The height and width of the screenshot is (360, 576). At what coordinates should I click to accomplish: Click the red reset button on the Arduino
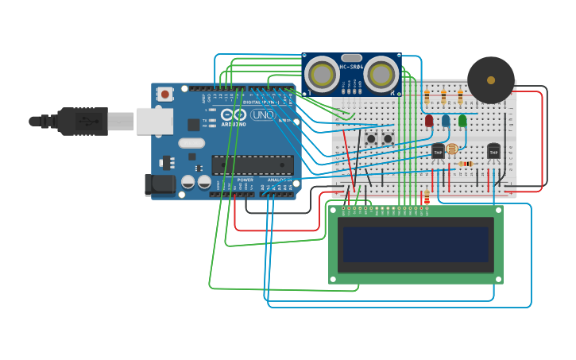(x=165, y=94)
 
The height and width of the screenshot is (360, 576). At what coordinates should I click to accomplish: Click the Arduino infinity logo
(x=233, y=114)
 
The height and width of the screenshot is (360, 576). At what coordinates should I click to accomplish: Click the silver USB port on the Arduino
(x=154, y=121)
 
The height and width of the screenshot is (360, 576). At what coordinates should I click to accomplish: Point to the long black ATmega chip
(x=252, y=165)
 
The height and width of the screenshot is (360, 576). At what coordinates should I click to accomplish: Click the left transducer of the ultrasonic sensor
(x=323, y=75)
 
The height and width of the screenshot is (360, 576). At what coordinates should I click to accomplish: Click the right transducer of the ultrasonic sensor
(x=381, y=75)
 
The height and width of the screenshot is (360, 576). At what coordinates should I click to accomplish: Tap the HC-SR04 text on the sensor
(x=352, y=68)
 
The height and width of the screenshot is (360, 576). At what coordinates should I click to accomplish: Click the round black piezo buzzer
(x=490, y=80)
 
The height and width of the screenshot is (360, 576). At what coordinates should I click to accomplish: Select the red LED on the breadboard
(x=429, y=121)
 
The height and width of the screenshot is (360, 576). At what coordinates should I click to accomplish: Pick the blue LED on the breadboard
(x=445, y=121)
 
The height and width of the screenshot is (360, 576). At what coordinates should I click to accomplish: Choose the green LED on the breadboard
(x=462, y=121)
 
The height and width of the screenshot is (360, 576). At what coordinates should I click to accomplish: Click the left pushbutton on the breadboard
(x=371, y=139)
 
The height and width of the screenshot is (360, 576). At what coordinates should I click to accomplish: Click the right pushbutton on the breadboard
(x=388, y=139)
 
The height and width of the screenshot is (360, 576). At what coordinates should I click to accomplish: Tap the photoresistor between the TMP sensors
(x=452, y=149)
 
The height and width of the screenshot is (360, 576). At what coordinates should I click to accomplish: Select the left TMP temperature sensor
(x=438, y=151)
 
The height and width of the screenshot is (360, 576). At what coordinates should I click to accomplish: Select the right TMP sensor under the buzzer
(x=493, y=151)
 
